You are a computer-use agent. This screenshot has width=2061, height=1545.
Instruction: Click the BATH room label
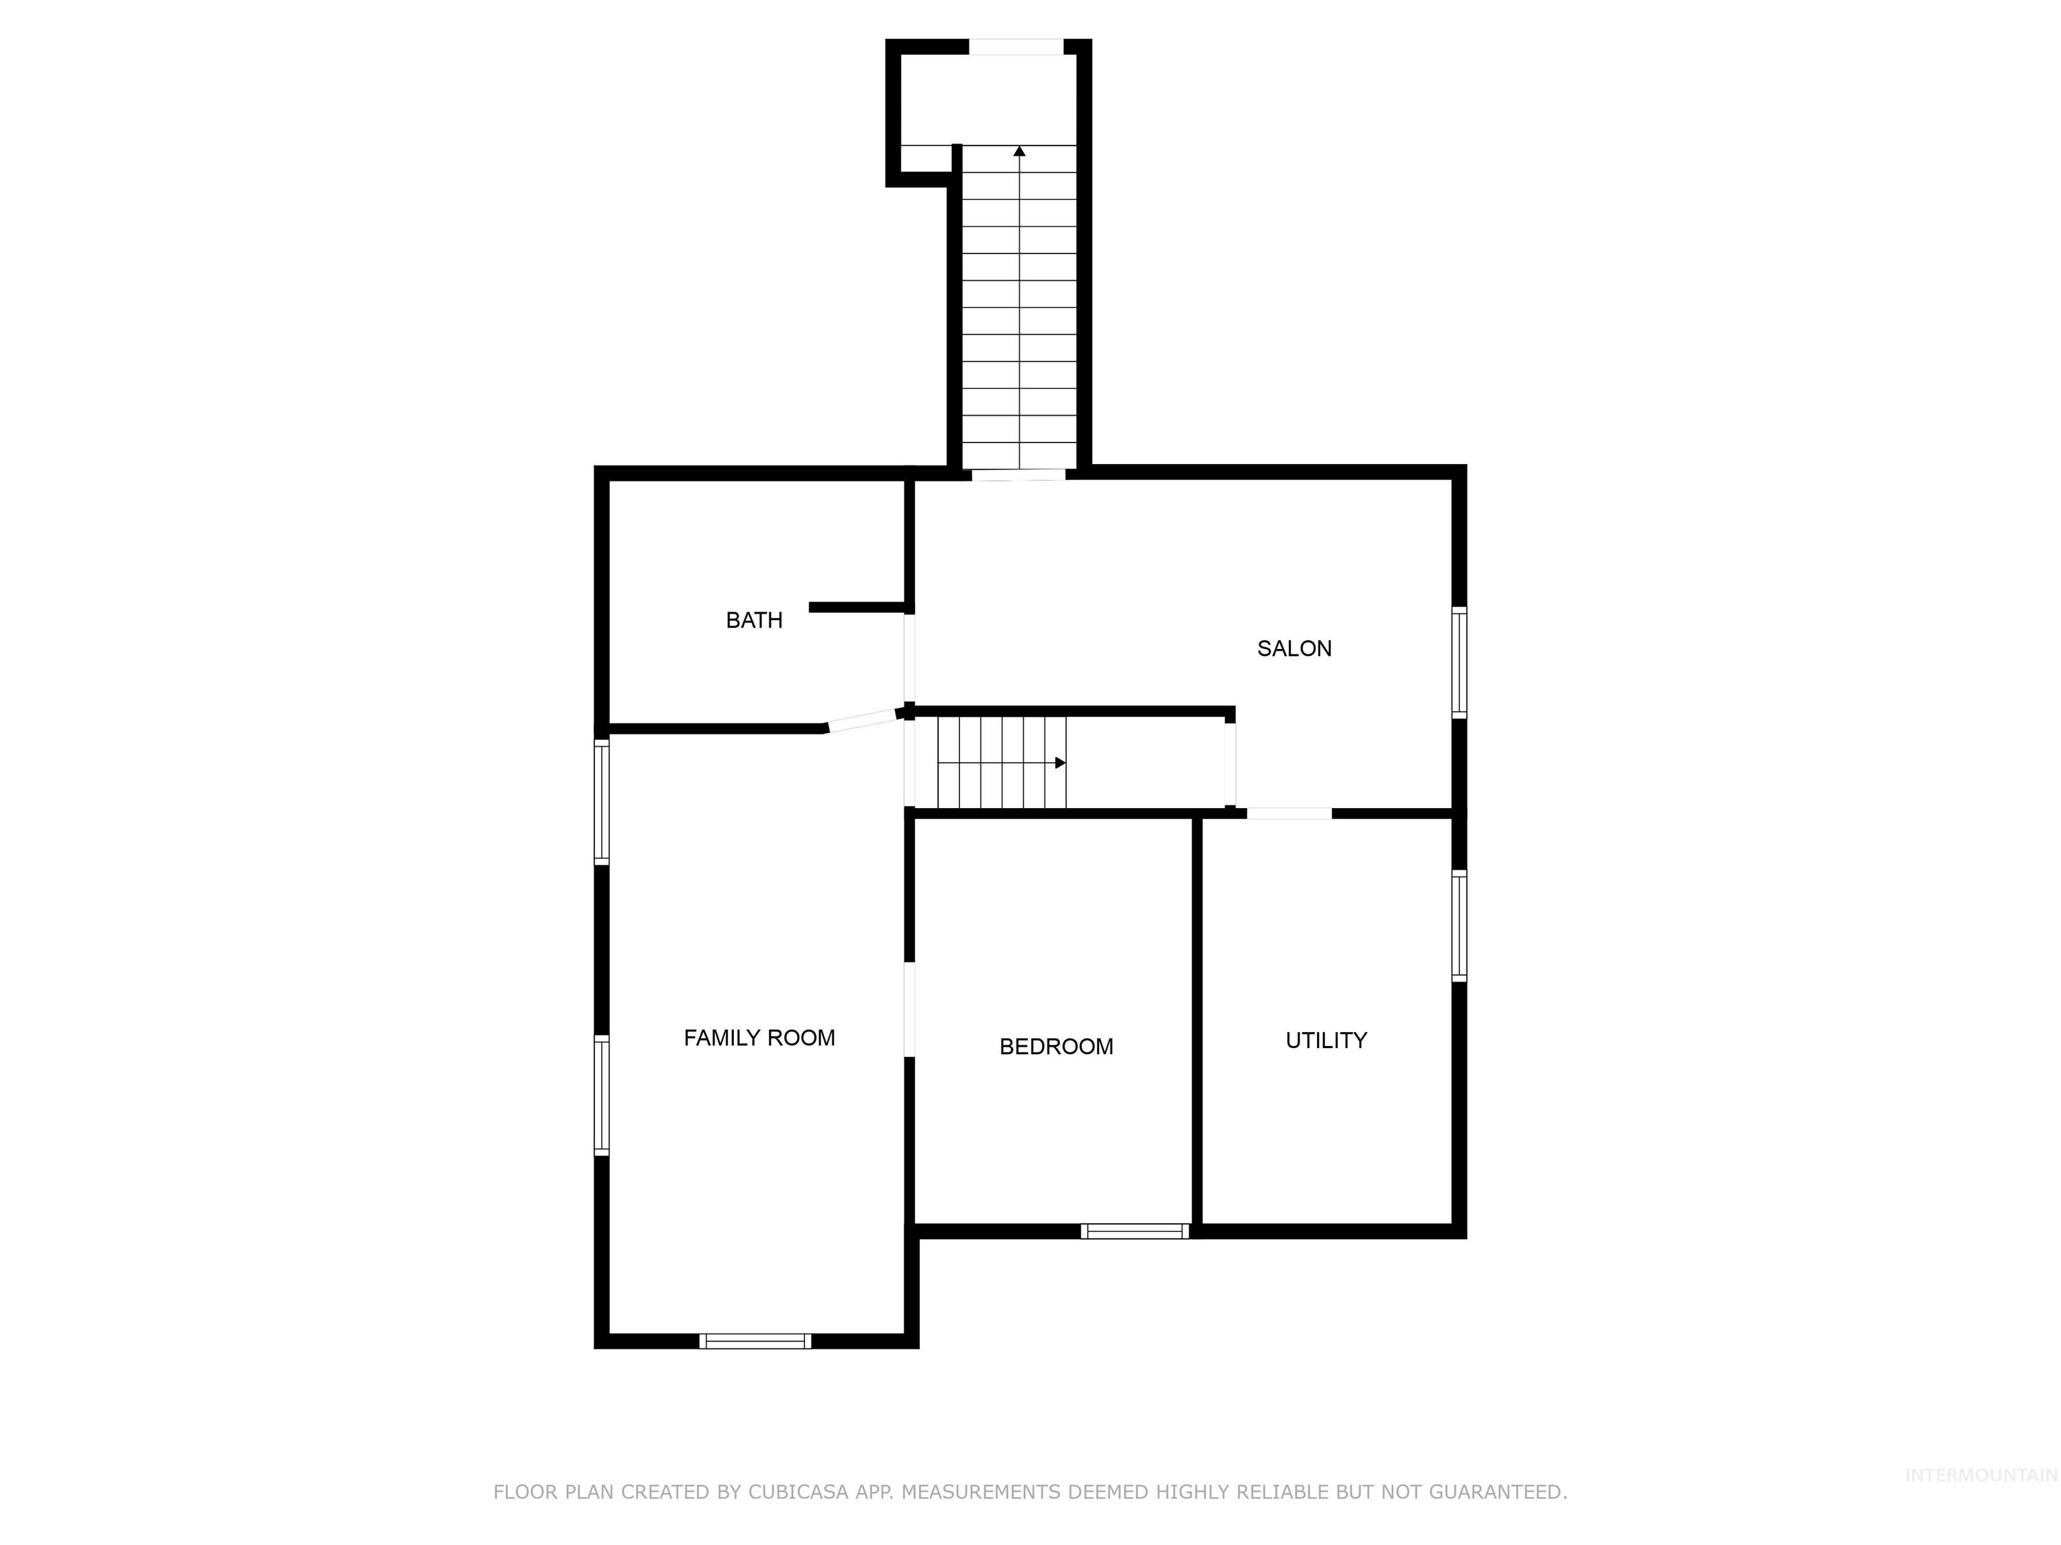pyautogui.click(x=754, y=620)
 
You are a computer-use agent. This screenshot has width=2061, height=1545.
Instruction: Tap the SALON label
pyautogui.click(x=1294, y=649)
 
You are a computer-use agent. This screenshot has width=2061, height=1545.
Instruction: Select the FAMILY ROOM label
pyautogui.click(x=759, y=1038)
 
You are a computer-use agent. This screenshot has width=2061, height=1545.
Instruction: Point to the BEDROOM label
pyautogui.click(x=1055, y=1047)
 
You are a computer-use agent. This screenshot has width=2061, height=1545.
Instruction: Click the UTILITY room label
pyautogui.click(x=1326, y=1040)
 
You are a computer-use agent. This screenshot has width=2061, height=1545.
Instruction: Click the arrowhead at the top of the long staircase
pyautogui.click(x=1019, y=151)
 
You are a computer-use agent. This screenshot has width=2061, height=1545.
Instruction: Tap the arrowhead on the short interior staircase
pyautogui.click(x=1060, y=762)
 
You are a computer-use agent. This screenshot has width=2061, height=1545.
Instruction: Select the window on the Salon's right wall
pyautogui.click(x=1459, y=662)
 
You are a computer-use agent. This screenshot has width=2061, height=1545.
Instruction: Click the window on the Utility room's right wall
pyautogui.click(x=1459, y=925)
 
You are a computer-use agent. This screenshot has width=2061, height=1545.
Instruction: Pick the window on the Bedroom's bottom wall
pyautogui.click(x=1135, y=1231)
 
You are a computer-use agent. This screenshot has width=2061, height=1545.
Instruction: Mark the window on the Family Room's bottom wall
pyautogui.click(x=755, y=1341)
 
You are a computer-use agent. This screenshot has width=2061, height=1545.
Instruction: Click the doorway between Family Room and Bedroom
pyautogui.click(x=909, y=1009)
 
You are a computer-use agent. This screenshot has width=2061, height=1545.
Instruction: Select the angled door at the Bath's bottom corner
pyautogui.click(x=862, y=721)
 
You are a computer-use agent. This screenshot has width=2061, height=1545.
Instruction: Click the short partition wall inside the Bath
pyautogui.click(x=857, y=607)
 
